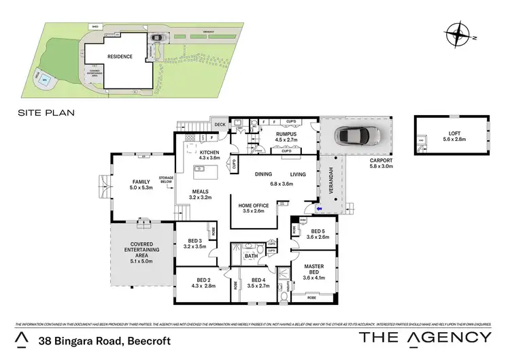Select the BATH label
click(252, 256)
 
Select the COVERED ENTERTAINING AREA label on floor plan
click(143, 250)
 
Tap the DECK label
click(220, 125)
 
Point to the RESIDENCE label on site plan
click(120, 56)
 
